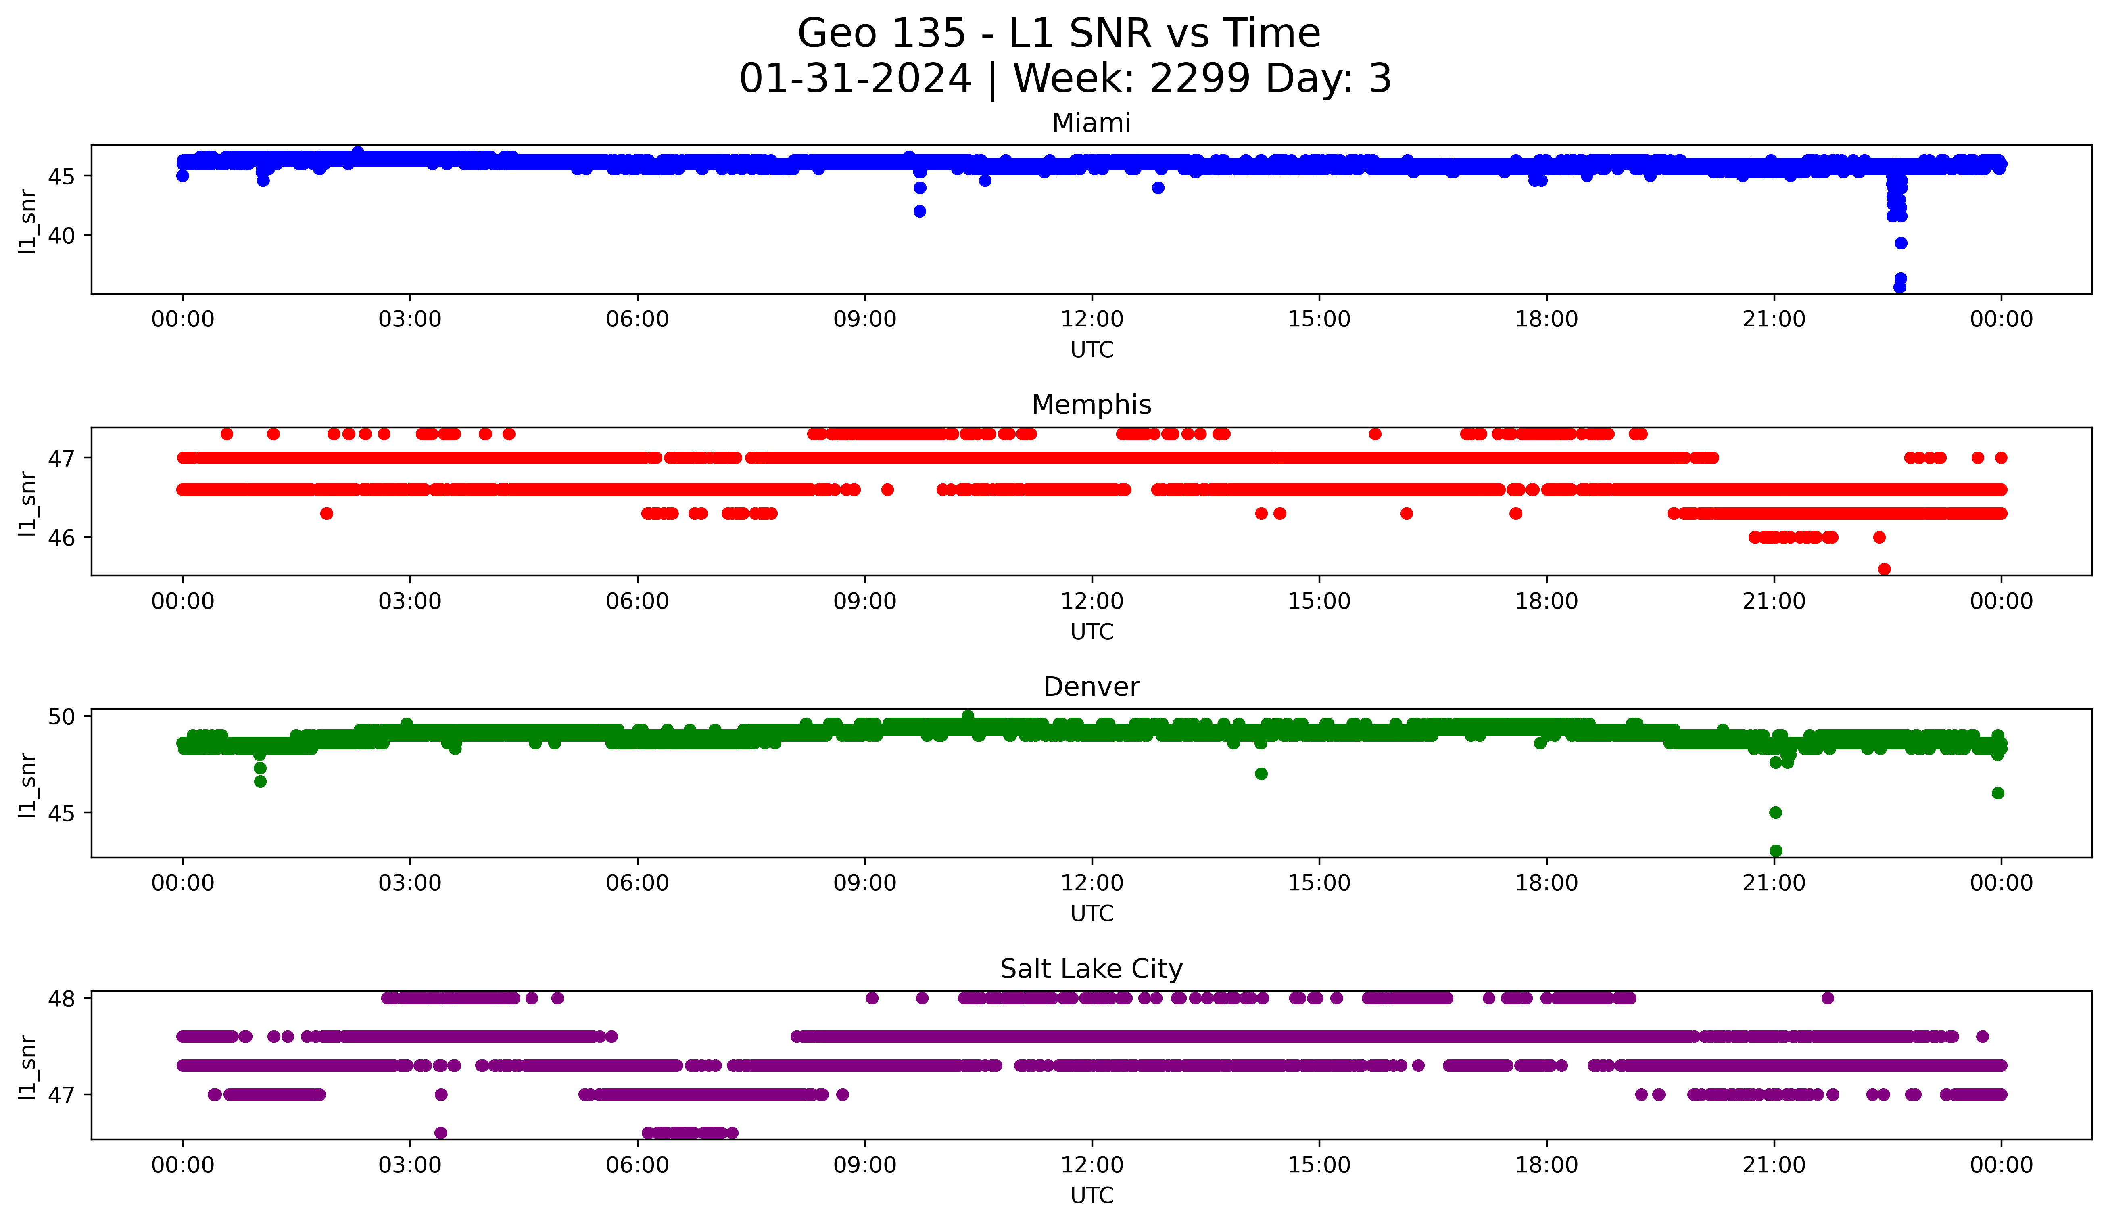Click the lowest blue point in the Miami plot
(1900, 287)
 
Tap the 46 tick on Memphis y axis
(61, 537)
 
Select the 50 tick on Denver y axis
(61, 716)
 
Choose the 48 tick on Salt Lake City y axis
(61, 998)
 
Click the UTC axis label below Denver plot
(1092, 914)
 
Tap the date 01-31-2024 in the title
(855, 79)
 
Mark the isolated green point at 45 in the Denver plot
(1775, 812)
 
